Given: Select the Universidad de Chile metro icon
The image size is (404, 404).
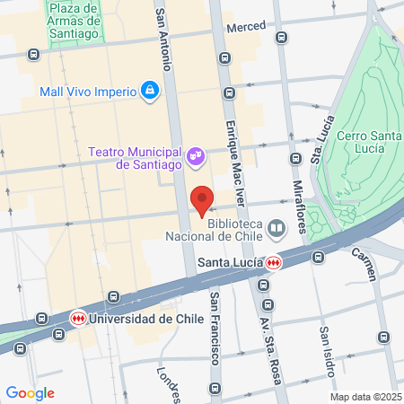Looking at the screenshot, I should click(79, 319).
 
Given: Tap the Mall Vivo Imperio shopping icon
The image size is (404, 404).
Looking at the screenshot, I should click(150, 91).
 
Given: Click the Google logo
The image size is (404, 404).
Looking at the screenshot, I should click(30, 392).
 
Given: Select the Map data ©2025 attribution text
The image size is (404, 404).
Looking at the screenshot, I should click(365, 396).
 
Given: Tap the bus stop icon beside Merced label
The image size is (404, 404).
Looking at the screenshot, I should click(281, 38).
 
